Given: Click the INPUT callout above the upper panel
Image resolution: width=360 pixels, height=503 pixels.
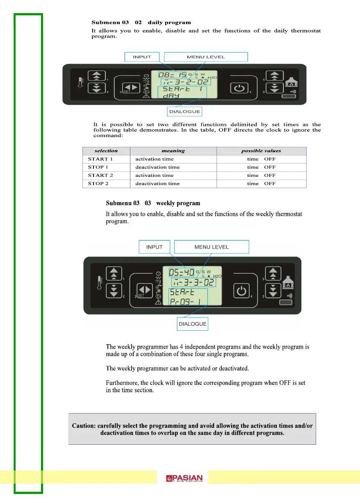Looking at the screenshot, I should [142, 57].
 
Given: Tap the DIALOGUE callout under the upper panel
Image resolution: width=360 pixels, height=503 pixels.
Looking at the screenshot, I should [185, 111].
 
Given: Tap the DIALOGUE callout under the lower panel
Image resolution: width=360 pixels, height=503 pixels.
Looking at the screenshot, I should [193, 324].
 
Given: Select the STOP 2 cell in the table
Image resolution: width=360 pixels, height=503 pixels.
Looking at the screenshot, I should [98, 184].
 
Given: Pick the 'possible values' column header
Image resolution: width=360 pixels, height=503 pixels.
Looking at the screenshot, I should [261, 151].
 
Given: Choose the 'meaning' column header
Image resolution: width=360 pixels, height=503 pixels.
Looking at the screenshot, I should [173, 151].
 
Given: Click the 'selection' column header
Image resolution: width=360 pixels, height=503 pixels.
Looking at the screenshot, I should [106, 151].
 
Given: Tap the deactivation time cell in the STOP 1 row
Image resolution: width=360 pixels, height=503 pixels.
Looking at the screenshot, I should [157, 167].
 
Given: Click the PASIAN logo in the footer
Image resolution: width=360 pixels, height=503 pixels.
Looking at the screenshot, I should [185, 478].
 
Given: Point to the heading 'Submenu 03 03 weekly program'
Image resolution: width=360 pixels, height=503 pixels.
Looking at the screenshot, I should [153, 203].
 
